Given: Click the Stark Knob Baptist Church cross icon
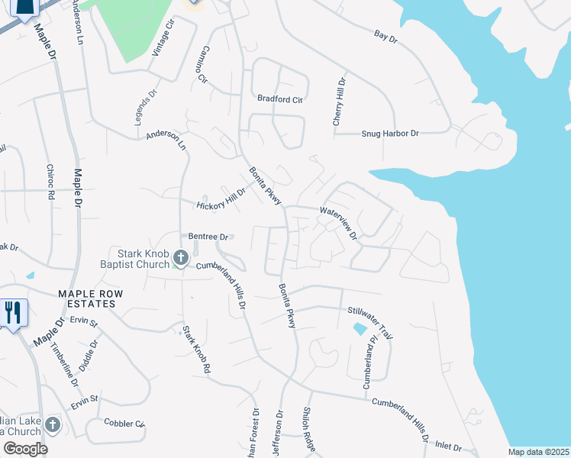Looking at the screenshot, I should (x=181, y=258).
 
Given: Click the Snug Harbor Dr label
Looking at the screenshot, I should (x=390, y=134).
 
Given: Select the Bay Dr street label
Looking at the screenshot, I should (x=386, y=36).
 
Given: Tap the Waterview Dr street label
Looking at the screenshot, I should (x=339, y=222).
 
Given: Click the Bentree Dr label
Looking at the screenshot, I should (x=204, y=237).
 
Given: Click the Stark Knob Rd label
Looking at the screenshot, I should (x=195, y=350).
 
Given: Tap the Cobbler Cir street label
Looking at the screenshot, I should (x=124, y=424).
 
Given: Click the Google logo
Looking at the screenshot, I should (x=25, y=449).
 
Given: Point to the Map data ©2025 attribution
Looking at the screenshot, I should (x=538, y=452).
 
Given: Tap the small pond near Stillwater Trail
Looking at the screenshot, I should (x=360, y=329).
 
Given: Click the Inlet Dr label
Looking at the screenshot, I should (x=448, y=445).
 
